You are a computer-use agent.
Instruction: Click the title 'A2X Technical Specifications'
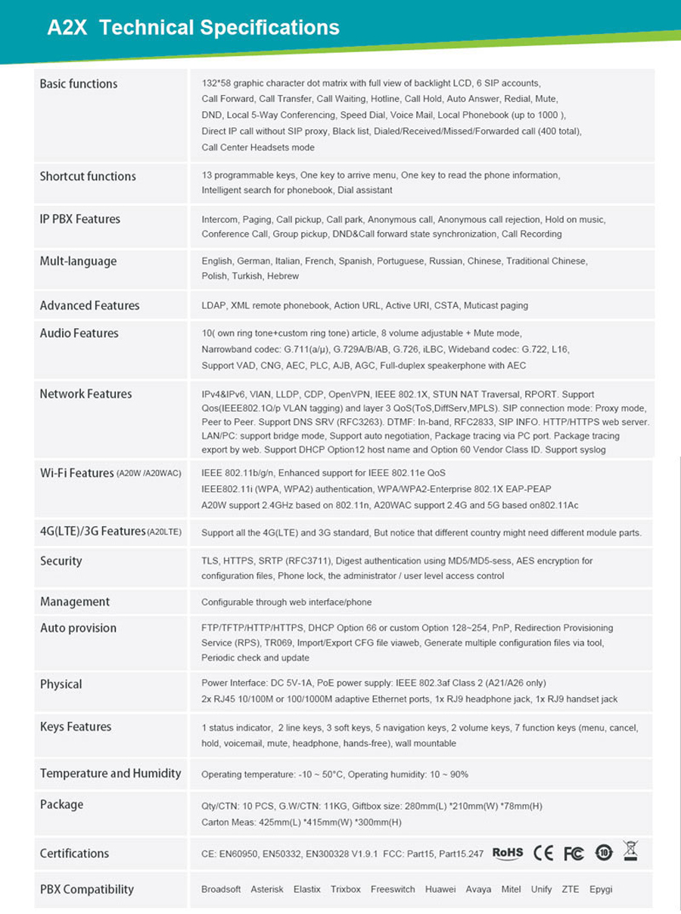click(193, 28)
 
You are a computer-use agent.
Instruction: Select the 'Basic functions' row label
click(79, 84)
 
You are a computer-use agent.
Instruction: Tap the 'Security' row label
click(61, 561)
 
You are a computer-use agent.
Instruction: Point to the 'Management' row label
click(75, 602)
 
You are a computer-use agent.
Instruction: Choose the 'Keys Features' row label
click(76, 727)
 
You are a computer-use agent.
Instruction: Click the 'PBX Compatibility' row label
click(86, 890)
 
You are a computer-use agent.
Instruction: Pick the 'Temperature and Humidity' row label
click(110, 773)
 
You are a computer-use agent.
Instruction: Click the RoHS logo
click(508, 853)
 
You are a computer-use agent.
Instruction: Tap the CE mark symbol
click(543, 854)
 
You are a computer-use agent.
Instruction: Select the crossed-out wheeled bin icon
click(630, 851)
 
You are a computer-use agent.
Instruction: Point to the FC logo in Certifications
click(574, 854)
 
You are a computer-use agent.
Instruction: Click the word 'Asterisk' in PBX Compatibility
click(267, 890)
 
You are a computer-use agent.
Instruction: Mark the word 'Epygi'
click(601, 890)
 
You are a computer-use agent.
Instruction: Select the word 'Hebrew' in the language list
click(283, 277)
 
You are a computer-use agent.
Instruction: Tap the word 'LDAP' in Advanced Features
click(213, 305)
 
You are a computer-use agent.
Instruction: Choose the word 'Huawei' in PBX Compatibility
click(440, 890)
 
